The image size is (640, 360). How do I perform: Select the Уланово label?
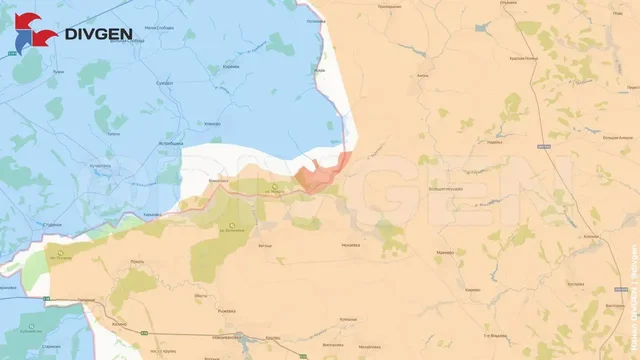[212, 122]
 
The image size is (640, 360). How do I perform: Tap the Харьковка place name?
[152, 214]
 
